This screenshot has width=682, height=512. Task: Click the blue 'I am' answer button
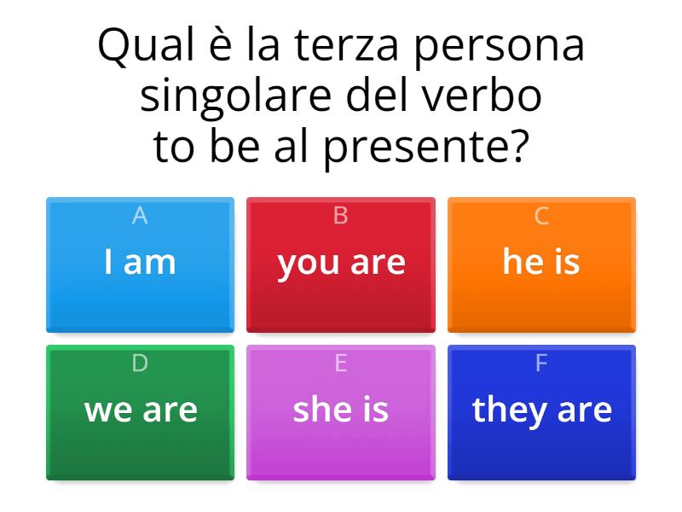coord(140,265)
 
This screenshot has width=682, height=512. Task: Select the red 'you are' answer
coord(341,265)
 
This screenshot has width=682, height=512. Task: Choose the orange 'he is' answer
coord(541,265)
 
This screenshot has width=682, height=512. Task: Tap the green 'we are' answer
coord(140,412)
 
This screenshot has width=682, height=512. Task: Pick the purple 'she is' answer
coord(341,412)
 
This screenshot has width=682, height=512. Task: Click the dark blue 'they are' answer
coord(541,412)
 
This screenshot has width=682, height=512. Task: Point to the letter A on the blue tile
coord(140,217)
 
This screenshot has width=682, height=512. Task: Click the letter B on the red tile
coord(341,217)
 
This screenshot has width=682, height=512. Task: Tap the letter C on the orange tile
coord(541,217)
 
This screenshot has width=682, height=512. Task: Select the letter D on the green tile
coord(140,364)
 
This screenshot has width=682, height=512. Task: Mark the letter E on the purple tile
coord(341,364)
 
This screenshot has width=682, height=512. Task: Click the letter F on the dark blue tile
coord(541,364)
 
